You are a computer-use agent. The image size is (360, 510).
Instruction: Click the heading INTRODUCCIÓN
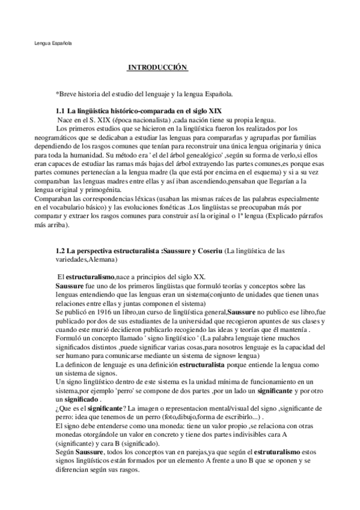coord(157,67)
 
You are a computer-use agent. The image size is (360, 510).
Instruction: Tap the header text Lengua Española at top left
coord(52,43)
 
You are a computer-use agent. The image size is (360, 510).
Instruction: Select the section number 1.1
coord(60,112)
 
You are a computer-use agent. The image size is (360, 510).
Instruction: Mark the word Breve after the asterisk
coord(69,94)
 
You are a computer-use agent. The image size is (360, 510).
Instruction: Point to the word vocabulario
coord(83,206)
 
